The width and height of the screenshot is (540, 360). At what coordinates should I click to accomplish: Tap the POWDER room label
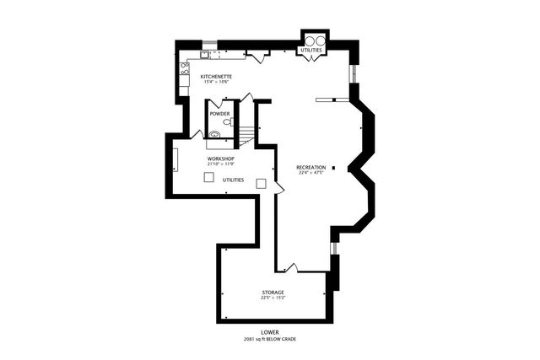(220, 113)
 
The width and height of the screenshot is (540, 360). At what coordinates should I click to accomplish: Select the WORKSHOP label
(221, 159)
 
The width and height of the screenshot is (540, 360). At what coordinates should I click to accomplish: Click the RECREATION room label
(311, 168)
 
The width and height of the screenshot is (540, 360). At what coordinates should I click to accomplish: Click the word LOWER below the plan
(270, 332)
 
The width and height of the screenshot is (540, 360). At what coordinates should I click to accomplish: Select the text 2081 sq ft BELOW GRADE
(270, 339)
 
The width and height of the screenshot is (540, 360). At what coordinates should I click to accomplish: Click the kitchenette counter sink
(204, 56)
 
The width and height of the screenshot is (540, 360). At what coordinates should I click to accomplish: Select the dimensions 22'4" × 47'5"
(311, 174)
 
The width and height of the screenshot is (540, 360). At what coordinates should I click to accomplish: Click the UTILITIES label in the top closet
(311, 51)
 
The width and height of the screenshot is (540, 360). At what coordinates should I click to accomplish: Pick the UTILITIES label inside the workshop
(234, 180)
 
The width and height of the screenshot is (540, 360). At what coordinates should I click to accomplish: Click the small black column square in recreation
(334, 168)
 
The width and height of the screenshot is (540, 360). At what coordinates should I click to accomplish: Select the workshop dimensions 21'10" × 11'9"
(221, 164)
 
